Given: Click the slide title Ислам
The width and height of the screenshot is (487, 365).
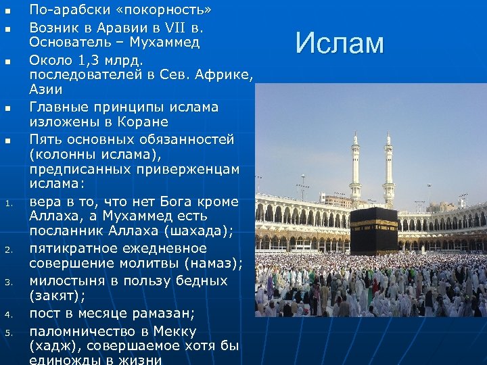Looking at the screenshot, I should (340, 44).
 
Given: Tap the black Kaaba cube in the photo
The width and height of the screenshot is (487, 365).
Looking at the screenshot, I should (373, 230).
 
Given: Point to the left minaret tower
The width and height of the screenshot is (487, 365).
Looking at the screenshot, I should (355, 169).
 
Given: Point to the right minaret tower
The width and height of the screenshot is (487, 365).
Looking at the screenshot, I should (388, 169).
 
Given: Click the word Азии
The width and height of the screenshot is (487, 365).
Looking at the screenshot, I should (45, 89).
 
